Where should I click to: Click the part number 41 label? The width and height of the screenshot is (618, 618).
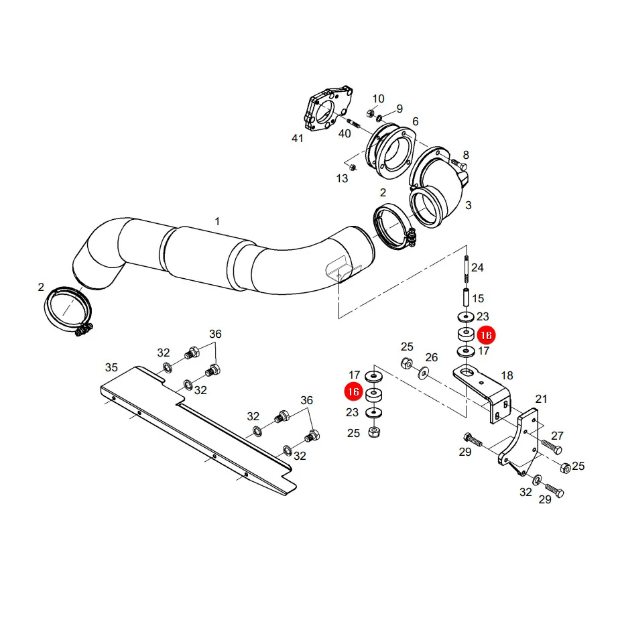pyautogui.click(x=297, y=138)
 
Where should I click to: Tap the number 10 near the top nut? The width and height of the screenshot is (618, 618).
pyautogui.click(x=378, y=99)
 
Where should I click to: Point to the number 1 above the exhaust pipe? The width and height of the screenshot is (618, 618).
pyautogui.click(x=217, y=221)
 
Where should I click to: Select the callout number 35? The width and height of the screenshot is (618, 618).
pyautogui.click(x=111, y=367)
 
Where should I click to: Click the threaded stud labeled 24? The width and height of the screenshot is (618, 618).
pyautogui.click(x=467, y=269)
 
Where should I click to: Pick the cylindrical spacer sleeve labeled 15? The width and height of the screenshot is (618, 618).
pyautogui.click(x=466, y=298)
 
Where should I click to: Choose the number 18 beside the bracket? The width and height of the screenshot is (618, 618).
pyautogui.click(x=507, y=375)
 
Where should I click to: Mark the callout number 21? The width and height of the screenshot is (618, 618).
pyautogui.click(x=541, y=399)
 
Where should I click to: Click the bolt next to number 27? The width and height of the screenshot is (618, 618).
pyautogui.click(x=552, y=446)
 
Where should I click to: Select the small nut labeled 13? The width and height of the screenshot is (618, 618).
pyautogui.click(x=353, y=167)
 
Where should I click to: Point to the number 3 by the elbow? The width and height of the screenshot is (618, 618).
pyautogui.click(x=469, y=205)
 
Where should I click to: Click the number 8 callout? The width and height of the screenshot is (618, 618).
pyautogui.click(x=466, y=154)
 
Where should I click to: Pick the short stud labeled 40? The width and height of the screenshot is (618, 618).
pyautogui.click(x=353, y=123)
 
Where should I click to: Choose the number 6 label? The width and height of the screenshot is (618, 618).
pyautogui.click(x=415, y=121)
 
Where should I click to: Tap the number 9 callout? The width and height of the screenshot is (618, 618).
pyautogui.click(x=399, y=109)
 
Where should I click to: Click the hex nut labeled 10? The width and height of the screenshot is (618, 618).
pyautogui.click(x=370, y=114)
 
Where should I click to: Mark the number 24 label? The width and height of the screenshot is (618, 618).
pyautogui.click(x=477, y=267)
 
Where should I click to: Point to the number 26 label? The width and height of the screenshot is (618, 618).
pyautogui.click(x=432, y=357)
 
